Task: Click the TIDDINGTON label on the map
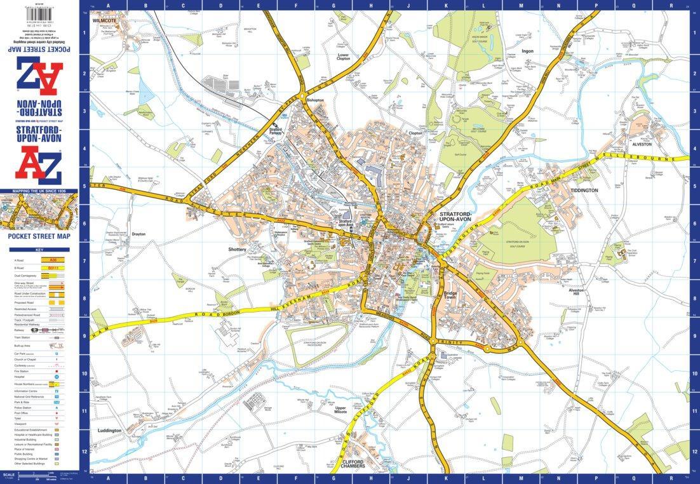click(584, 190)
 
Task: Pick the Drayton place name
click(138, 234)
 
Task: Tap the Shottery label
click(237, 250)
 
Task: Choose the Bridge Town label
click(450, 295)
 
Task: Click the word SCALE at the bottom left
click(8, 474)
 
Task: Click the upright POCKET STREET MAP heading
click(39, 236)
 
